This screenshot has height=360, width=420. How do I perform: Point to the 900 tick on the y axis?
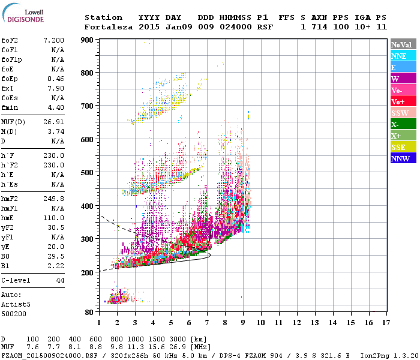point(89,40)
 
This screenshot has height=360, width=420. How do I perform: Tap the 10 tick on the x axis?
point(261,323)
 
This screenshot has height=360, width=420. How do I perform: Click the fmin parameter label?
point(10,107)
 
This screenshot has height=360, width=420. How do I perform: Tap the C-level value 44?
point(59,280)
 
